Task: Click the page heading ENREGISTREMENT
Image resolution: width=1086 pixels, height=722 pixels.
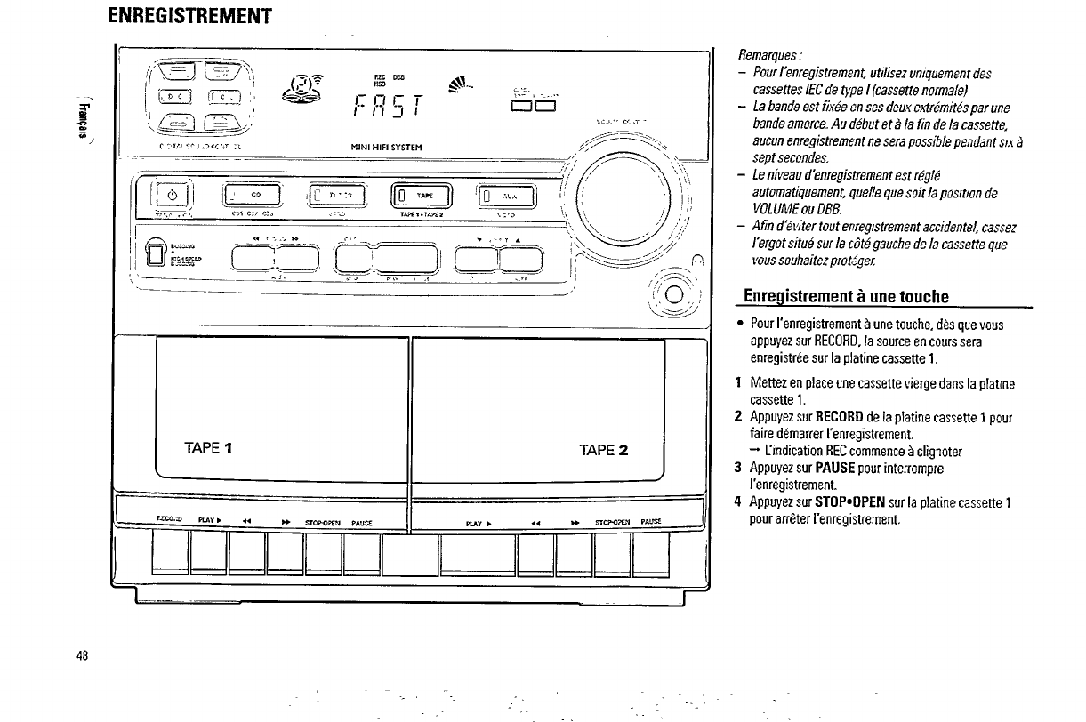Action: [x=188, y=17]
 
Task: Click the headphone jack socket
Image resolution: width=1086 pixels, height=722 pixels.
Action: [x=671, y=296]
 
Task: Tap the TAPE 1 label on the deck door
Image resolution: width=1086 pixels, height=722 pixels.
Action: [x=211, y=447]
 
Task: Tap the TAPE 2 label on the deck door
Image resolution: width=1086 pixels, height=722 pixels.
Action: [x=604, y=448]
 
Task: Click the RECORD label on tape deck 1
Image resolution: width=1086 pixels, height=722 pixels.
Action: [x=169, y=521]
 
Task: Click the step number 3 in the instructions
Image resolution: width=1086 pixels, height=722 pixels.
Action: [x=738, y=468]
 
